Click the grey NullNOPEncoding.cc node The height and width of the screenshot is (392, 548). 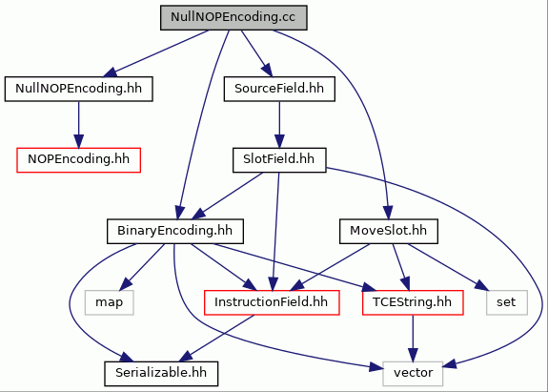click(x=233, y=17)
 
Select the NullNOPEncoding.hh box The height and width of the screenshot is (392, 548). click(x=79, y=89)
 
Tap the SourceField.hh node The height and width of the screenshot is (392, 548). click(x=279, y=89)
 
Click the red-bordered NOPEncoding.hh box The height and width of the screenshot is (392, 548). click(x=79, y=160)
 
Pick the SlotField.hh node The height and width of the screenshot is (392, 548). click(x=279, y=160)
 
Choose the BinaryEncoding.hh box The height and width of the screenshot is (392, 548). click(x=175, y=232)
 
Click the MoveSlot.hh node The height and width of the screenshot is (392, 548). click(x=389, y=232)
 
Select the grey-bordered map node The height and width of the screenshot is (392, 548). click(x=109, y=302)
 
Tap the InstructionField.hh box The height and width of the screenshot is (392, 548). click(x=272, y=302)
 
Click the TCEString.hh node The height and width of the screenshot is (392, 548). click(x=413, y=302)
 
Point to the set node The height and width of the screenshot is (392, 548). click(x=507, y=302)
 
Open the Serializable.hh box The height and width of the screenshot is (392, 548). click(x=161, y=374)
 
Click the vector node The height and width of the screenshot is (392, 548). click(x=413, y=374)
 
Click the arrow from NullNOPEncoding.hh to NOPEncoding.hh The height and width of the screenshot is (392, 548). click(x=79, y=125)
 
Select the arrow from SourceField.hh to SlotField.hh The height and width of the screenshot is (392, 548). click(x=279, y=125)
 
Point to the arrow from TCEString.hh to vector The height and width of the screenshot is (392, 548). click(x=413, y=339)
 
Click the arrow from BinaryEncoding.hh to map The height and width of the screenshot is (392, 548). click(x=142, y=267)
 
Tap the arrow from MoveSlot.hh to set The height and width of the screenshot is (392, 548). click(x=448, y=267)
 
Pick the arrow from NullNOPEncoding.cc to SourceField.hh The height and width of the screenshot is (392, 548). click(x=256, y=53)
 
